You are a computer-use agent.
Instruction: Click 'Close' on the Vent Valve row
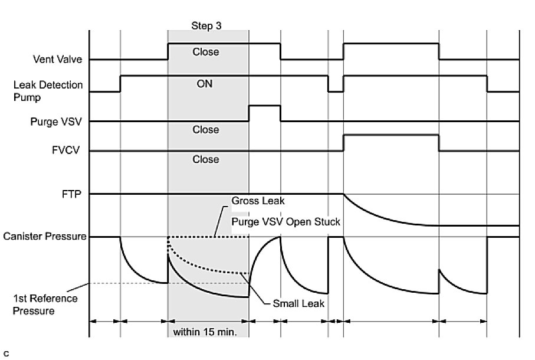coord(206,52)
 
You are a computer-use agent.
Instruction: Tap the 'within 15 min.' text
coord(205,332)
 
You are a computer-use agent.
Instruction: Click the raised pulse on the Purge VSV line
coord(264,106)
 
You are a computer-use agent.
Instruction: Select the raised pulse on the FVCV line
coord(390,135)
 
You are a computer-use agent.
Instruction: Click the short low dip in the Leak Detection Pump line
coord(336,91)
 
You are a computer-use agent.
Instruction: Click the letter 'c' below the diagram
coord(6,354)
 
